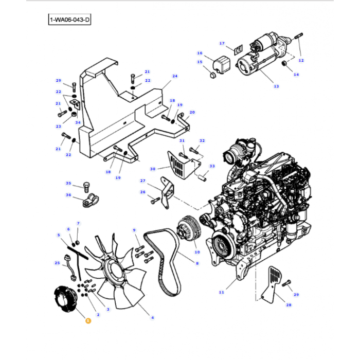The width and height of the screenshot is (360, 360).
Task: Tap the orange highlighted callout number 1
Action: click(x=87, y=320)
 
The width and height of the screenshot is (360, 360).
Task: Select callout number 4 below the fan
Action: click(x=152, y=318)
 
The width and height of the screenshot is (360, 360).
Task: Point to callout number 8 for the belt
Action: click(x=196, y=263)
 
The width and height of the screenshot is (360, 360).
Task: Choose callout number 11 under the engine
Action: click(x=221, y=292)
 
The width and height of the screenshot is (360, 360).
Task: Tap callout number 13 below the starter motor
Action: click(x=276, y=86)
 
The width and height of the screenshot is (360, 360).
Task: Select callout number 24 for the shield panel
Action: click(x=174, y=76)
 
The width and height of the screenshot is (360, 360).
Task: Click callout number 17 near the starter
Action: click(x=222, y=43)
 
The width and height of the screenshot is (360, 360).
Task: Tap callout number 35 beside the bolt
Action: click(x=68, y=184)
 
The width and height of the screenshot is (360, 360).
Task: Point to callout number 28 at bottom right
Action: click(x=288, y=305)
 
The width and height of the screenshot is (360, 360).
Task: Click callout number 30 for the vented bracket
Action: click(x=152, y=169)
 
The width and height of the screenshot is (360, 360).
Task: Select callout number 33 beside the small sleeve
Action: click(x=212, y=166)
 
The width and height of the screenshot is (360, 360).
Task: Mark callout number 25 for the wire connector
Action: click(x=57, y=263)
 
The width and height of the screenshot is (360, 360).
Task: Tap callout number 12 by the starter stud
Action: click(x=301, y=60)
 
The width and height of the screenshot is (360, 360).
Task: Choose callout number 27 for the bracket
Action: click(x=143, y=181)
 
